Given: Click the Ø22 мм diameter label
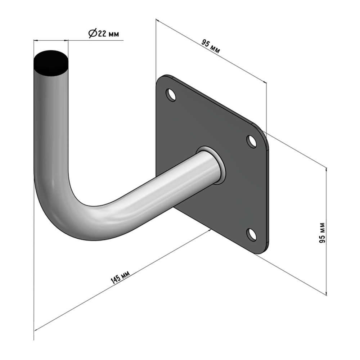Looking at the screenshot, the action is pos(104,33).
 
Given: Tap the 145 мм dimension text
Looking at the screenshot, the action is pos(120,277).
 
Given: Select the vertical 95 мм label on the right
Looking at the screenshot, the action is pos(322,233).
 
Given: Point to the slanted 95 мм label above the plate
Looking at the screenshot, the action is pos(211,46).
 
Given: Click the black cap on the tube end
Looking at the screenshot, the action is pos(51,63).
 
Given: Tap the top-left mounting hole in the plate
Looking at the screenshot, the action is pos(171,95).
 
